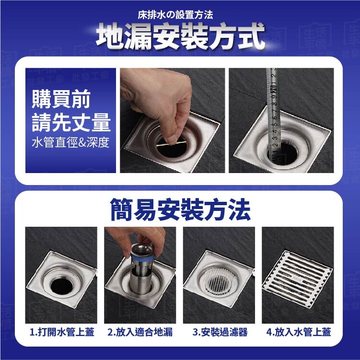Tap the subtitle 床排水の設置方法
pyautogui.click(x=175, y=15)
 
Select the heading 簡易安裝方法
pyautogui.click(x=180, y=210)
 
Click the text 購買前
pyautogui.click(x=61, y=99)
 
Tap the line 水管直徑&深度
pyautogui.click(x=71, y=142)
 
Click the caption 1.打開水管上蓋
pyautogui.click(x=62, y=332)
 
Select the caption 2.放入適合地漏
pyautogui.click(x=140, y=332)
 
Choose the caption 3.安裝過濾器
pyautogui.click(x=220, y=332)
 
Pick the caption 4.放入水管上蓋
pyautogui.click(x=299, y=332)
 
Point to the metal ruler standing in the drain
pyautogui.click(x=273, y=115)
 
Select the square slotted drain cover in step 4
pyautogui.click(x=298, y=279)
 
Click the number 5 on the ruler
pyautogui.click(x=274, y=125)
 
